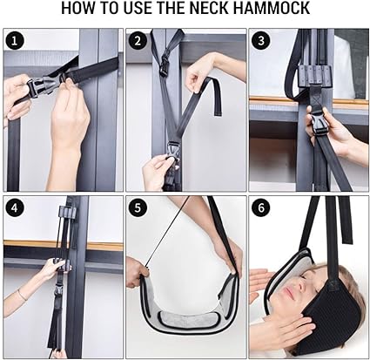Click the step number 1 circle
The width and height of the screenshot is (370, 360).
point(14,41)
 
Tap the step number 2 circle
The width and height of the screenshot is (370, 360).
point(138,41)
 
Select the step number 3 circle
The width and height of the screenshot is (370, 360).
point(261,41)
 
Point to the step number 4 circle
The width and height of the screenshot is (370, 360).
point(14,208)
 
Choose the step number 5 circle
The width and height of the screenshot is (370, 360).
point(138,208)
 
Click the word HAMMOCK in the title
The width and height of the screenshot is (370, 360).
point(272,8)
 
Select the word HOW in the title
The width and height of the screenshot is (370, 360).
point(77,8)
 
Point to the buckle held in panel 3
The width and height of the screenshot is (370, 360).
point(320,124)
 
